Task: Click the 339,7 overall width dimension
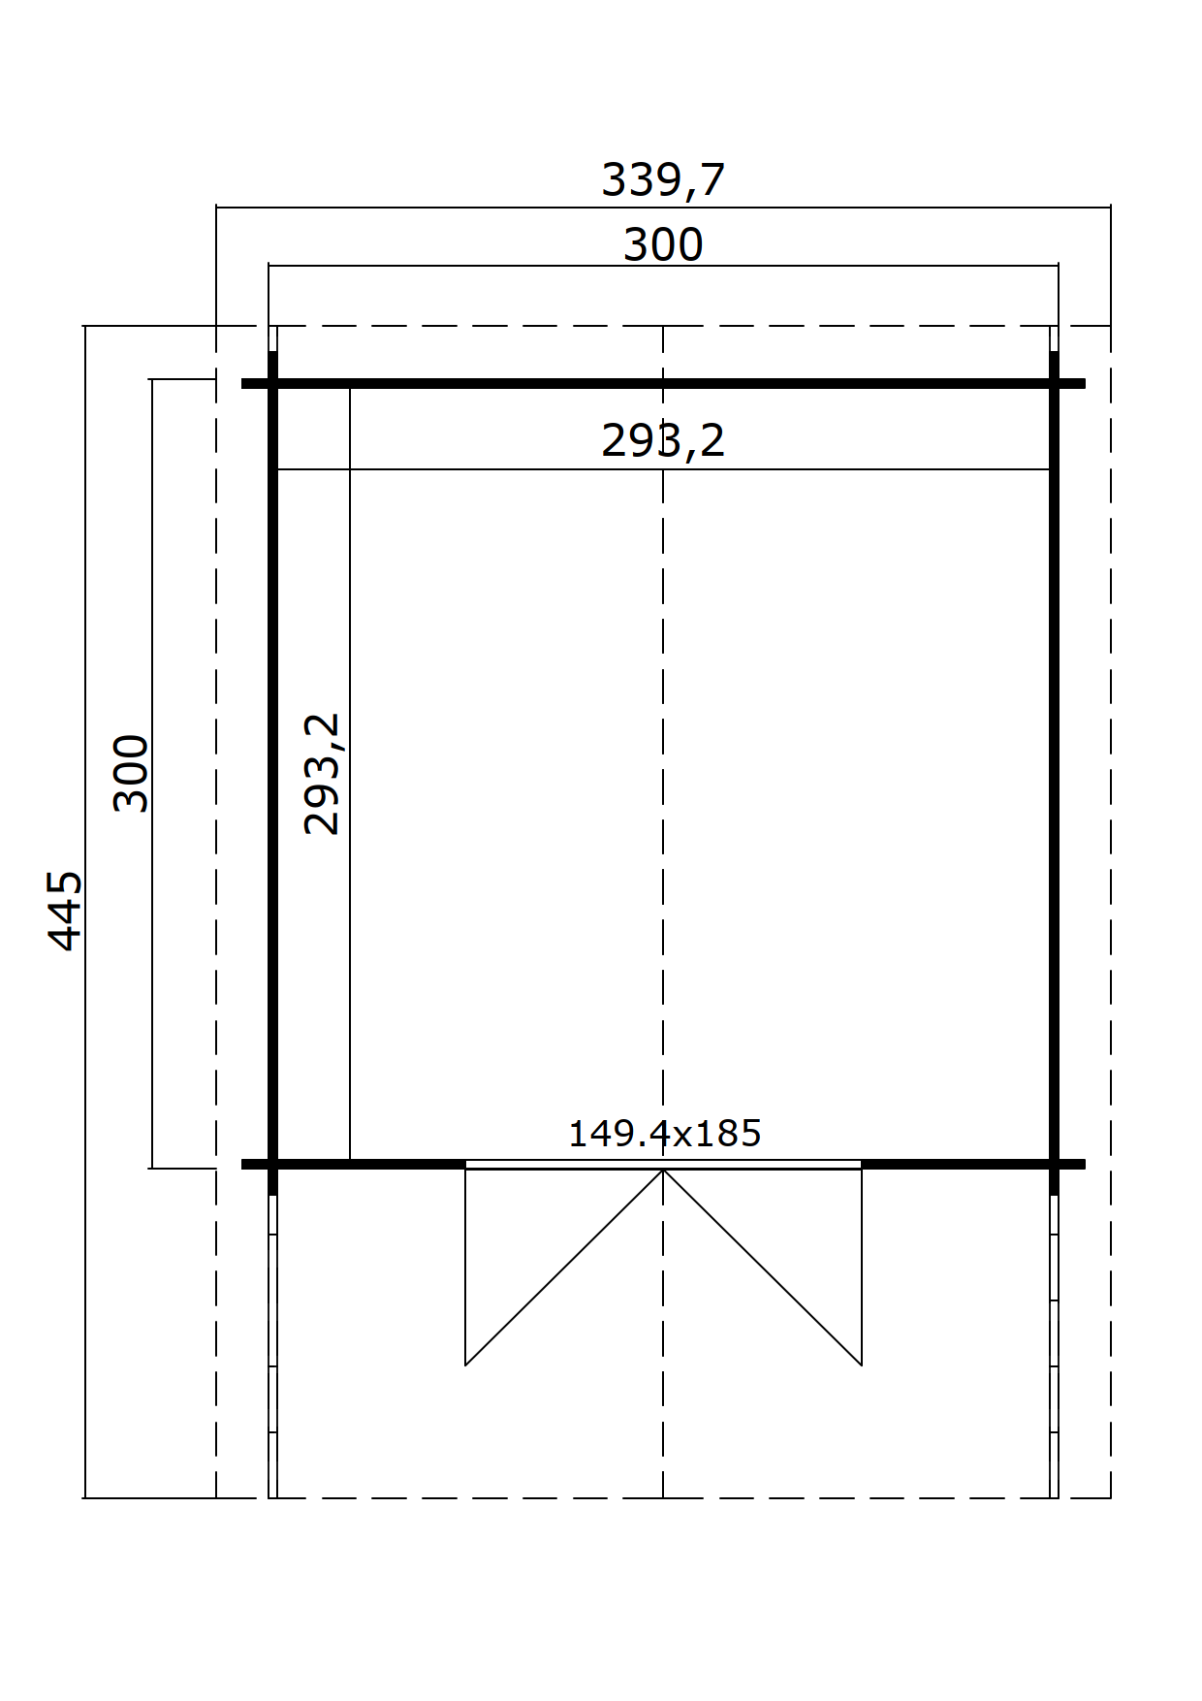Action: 663,180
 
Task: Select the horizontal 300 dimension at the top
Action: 663,244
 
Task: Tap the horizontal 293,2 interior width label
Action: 663,441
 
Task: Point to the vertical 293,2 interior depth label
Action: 322,774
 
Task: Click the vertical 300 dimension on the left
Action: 132,773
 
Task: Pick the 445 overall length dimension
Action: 66,911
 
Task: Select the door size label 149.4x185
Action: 664,1134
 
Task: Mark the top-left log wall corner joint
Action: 273,384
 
